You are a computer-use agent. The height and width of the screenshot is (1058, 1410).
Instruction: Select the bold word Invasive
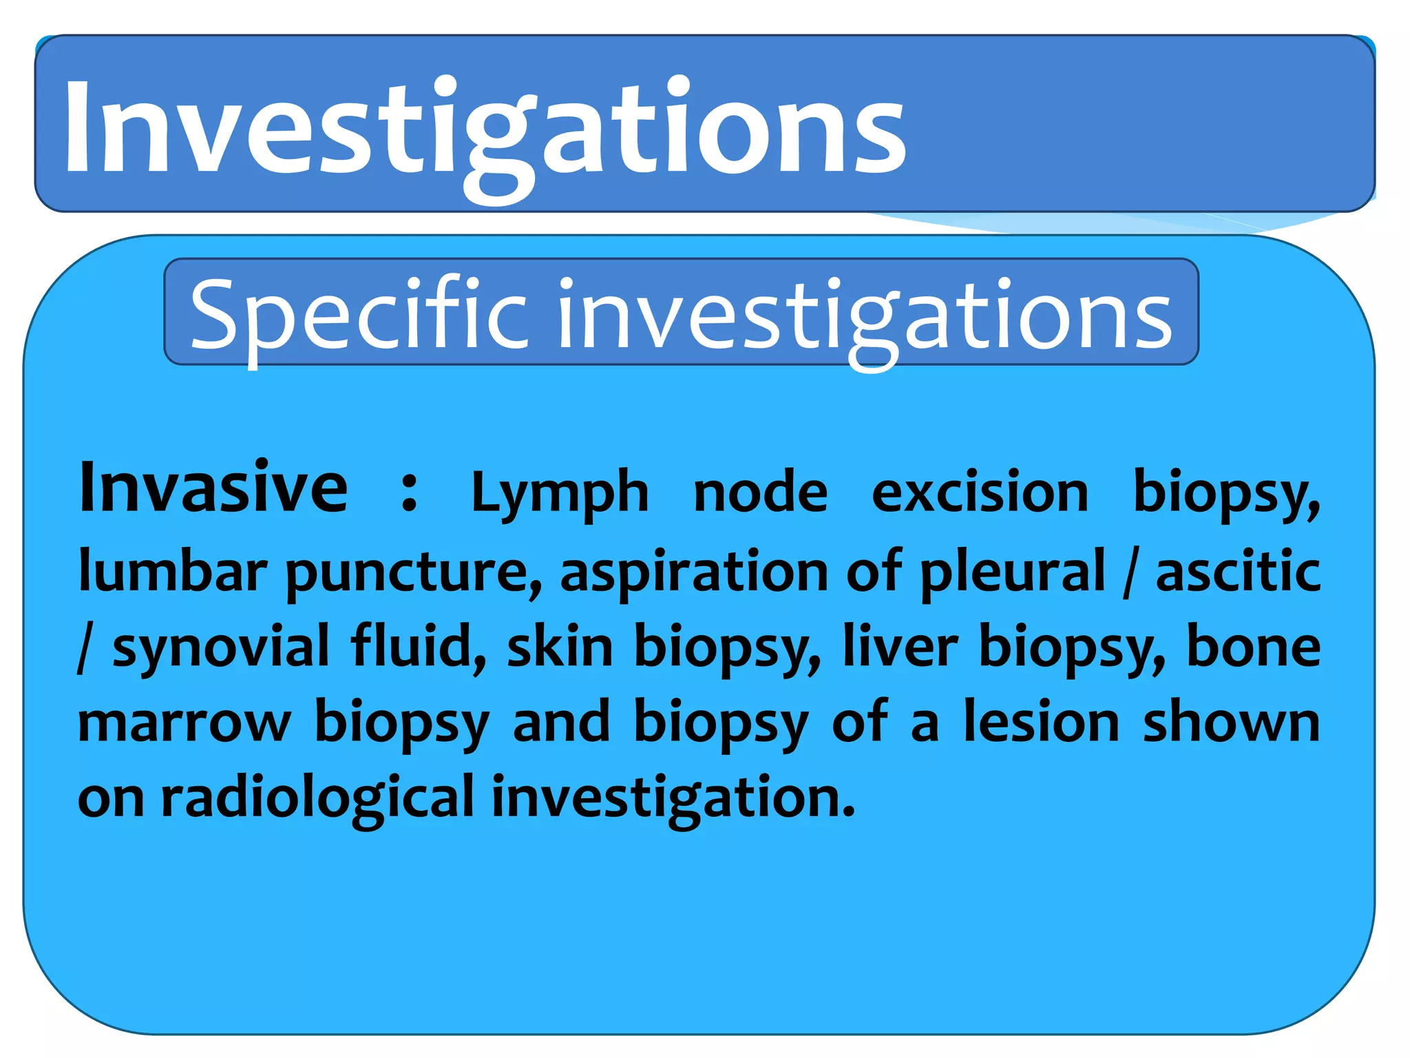point(213,488)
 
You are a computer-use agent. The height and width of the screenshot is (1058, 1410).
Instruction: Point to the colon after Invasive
point(409,492)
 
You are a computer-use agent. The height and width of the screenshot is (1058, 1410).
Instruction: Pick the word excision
point(980,492)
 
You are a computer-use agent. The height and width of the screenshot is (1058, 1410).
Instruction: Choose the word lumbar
point(172,572)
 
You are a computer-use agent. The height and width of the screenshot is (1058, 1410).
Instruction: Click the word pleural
point(1012,572)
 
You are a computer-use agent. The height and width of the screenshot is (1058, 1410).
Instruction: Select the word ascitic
point(1237,572)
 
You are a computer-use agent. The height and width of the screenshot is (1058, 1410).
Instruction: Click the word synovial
point(221,647)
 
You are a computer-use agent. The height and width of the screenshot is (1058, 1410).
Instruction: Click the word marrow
point(184,723)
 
